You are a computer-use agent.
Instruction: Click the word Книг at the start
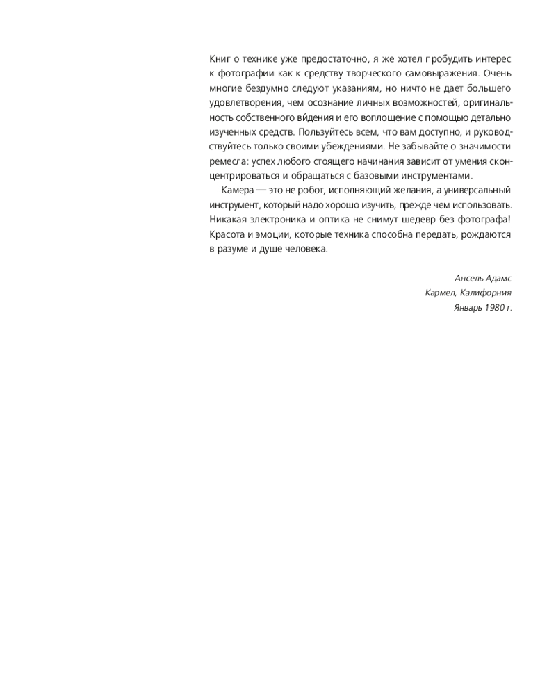click(220, 58)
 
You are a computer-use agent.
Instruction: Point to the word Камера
click(238, 190)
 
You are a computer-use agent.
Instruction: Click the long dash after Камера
click(264, 190)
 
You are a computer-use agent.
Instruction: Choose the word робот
click(320, 190)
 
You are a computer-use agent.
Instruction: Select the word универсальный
click(479, 190)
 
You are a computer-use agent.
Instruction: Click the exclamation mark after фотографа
click(509, 220)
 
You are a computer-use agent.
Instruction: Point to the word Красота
click(228, 235)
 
